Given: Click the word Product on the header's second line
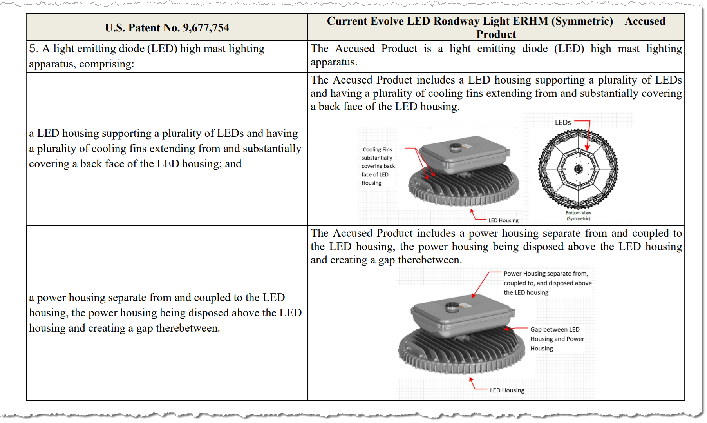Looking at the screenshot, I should click(x=496, y=34).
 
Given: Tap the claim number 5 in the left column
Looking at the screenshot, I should click(x=33, y=49).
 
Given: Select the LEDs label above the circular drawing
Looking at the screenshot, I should click(x=562, y=123).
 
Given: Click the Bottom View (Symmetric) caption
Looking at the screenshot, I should click(x=578, y=216).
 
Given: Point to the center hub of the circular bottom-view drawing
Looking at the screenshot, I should click(x=578, y=169).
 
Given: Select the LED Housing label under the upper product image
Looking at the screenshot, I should click(x=503, y=220).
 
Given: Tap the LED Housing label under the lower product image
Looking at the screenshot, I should click(x=507, y=390).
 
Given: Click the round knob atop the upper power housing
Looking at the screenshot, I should click(x=456, y=147).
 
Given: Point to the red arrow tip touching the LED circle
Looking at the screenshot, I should click(x=587, y=149).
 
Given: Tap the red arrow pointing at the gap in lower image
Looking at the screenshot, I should click(x=506, y=329).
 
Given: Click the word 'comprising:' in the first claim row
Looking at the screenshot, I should click(x=107, y=64).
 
